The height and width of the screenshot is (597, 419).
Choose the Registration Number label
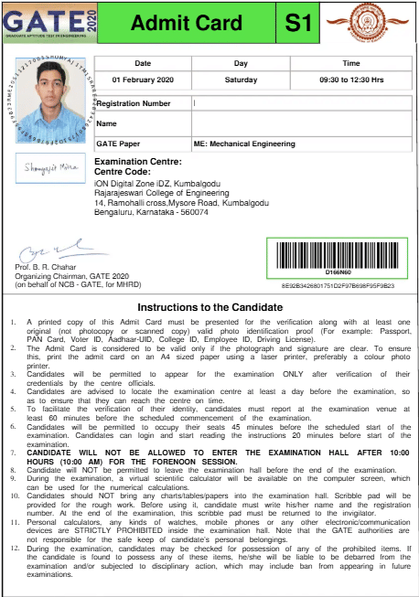(x=133, y=103)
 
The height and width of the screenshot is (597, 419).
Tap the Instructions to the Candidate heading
(x=209, y=307)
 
